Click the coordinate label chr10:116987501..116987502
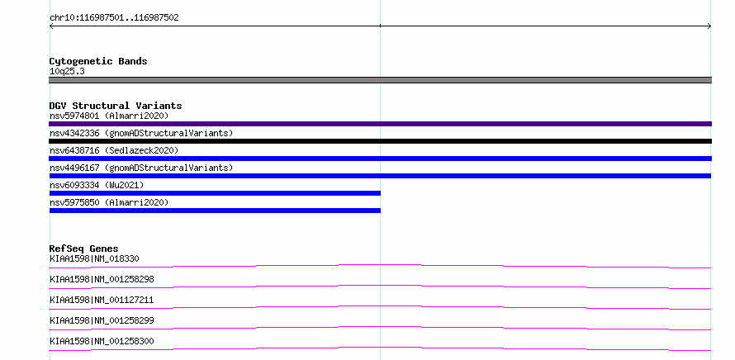pos(114,18)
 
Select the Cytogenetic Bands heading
pos(98,61)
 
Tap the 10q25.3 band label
pos(67,72)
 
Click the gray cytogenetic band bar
pos(380,80)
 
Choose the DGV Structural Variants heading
pos(116,106)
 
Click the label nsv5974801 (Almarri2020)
pos(109,116)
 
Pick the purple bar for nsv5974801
pos(380,124)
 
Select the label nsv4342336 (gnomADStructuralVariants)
pos(141,133)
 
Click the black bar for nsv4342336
pos(380,141)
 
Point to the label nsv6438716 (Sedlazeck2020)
pos(114,150)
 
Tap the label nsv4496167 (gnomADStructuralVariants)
pos(141,168)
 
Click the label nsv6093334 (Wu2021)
pos(97,185)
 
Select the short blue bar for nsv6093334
pos(215,193)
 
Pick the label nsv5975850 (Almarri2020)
pos(109,202)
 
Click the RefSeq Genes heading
pos(84,249)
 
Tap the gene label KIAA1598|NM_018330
pos(94,258)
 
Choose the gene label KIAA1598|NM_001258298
pos(102,279)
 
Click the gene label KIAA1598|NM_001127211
pos(102,300)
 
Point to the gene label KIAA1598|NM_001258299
pos(102,320)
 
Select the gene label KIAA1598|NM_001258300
pos(102,341)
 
